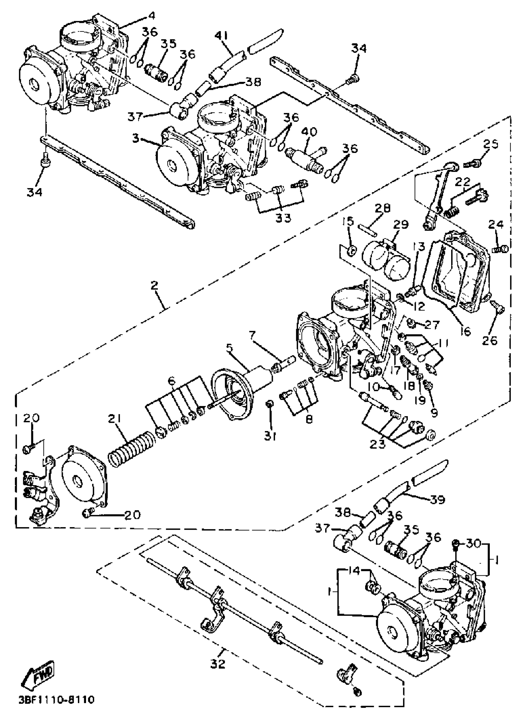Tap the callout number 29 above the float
[x=400, y=225]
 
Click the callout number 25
[x=490, y=145]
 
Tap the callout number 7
[x=252, y=335]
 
